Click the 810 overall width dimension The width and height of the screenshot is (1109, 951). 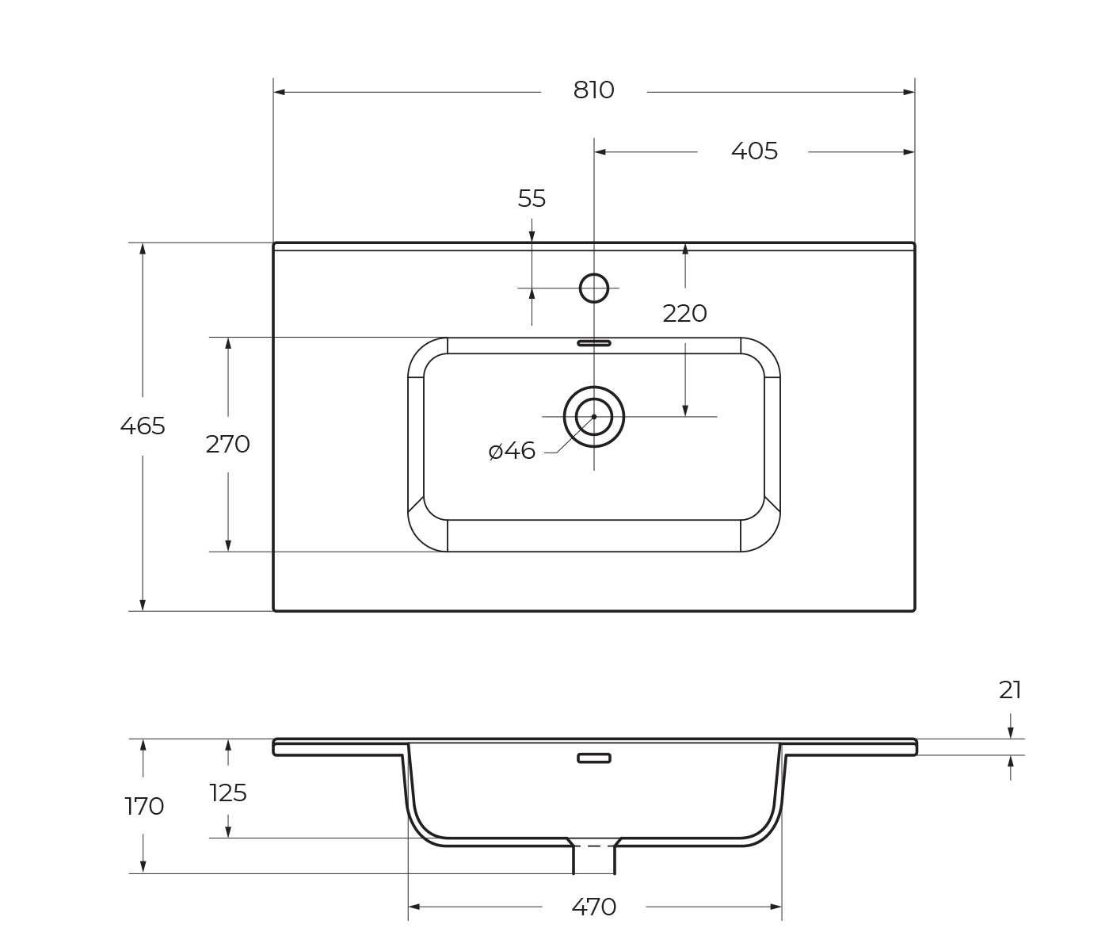593,90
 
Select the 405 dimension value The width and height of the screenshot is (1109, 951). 754,151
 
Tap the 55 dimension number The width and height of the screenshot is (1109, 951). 532,198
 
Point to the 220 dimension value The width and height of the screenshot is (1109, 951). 684,314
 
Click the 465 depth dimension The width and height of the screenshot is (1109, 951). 143,426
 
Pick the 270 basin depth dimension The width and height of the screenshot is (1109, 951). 227,445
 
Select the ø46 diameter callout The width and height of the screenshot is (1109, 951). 512,451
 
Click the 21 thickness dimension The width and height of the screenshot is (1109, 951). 1010,690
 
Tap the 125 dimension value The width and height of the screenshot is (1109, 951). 228,792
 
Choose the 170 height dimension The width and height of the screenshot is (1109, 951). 144,806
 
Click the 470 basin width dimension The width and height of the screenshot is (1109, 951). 593,907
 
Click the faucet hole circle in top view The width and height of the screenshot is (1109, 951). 594,288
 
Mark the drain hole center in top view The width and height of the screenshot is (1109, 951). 594,417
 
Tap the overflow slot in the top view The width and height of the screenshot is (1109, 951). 594,343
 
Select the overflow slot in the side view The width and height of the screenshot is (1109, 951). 594,758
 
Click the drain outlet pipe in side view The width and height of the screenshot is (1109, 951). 594,858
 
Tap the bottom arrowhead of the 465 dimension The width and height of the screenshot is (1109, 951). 143,605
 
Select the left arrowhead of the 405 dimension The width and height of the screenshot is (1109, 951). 600,152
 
